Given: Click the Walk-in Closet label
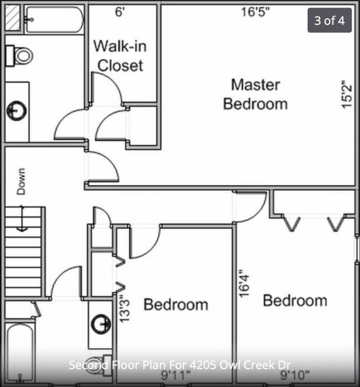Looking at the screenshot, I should [x=120, y=55].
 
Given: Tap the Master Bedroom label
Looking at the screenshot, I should [x=255, y=94].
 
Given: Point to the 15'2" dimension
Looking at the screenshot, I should [x=347, y=94].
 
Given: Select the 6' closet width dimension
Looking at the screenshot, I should [x=120, y=12].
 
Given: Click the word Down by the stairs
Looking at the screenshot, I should [x=21, y=181].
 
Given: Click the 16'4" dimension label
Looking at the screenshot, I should [x=243, y=283].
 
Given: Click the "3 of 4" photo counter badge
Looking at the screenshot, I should [x=330, y=21].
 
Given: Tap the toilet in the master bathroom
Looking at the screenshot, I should [x=19, y=54].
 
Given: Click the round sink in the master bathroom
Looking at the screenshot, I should [x=15, y=110].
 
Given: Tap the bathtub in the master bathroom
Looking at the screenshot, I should [x=54, y=19].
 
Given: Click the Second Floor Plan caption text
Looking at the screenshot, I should [x=180, y=365].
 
